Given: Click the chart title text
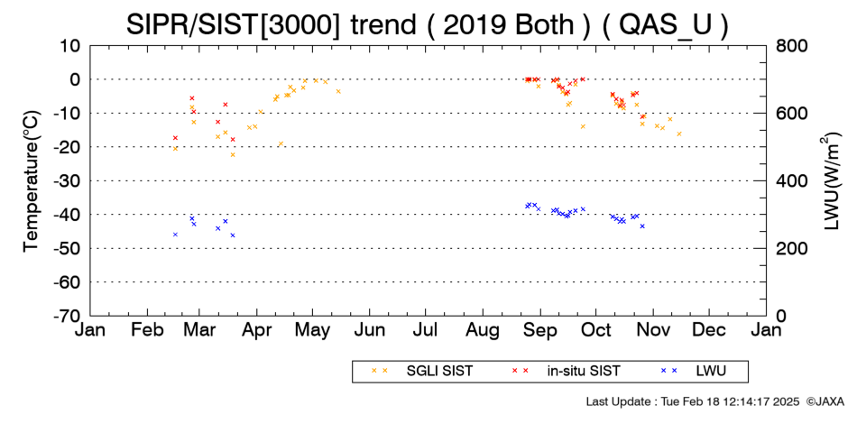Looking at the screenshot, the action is tap(428, 24).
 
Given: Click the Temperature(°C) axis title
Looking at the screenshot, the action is tap(32, 181).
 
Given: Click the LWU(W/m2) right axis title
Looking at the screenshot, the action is tap(830, 181).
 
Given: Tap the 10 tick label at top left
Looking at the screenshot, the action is tap(70, 46).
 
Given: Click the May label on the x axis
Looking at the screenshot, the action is tap(313, 330).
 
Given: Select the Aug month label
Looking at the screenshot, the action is tap(484, 330).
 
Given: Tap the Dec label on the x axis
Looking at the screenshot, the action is tap(709, 329).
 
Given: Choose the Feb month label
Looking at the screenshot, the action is tap(148, 329).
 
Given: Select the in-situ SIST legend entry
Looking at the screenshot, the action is tap(566, 371).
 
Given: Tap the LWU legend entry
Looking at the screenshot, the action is tap(693, 371).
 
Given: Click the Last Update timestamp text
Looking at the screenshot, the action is tap(693, 401).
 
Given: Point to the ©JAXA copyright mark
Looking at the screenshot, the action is tap(825, 401).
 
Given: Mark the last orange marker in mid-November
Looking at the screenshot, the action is tap(679, 134).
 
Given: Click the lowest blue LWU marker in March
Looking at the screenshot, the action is tap(233, 235).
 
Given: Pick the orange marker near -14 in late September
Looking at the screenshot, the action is tap(583, 126).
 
